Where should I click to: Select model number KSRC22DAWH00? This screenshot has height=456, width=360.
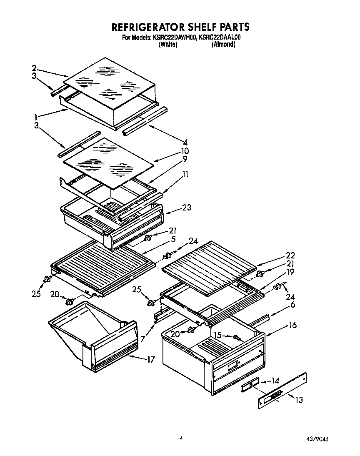pyautogui.click(x=175, y=38)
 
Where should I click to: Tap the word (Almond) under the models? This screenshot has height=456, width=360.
pyautogui.click(x=224, y=45)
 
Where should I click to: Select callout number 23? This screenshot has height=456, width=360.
pyautogui.click(x=186, y=207)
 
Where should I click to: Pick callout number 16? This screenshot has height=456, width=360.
pyautogui.click(x=292, y=325)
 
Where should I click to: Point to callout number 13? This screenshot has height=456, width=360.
pyautogui.click(x=299, y=400)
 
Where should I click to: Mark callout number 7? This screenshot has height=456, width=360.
pyautogui.click(x=143, y=339)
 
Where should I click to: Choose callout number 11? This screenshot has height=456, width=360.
pyautogui.click(x=185, y=175)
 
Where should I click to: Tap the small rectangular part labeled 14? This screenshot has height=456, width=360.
pyautogui.click(x=250, y=386)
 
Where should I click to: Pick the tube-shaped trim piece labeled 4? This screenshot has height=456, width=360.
pyautogui.click(x=146, y=121)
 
